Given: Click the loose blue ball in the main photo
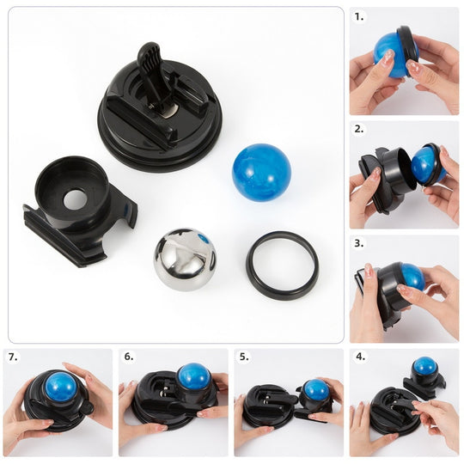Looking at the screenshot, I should (261, 173).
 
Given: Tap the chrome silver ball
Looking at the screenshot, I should (186, 259).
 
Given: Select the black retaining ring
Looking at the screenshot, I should (282, 264).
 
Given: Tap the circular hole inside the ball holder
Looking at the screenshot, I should (76, 199).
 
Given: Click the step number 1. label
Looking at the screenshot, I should (359, 15).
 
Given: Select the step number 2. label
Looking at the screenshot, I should (359, 129).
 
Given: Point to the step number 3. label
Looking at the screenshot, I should (359, 243).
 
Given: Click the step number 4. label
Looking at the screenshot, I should (359, 357).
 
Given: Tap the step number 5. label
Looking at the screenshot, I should (244, 357).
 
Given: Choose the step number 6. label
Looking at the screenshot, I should (129, 357).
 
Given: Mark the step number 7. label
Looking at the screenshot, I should (14, 357).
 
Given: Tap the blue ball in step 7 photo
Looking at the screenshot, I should (59, 388).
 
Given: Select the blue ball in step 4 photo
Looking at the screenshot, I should (424, 367).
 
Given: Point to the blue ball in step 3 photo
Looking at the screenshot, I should (411, 276).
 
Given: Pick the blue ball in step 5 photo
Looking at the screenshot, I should (315, 389).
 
